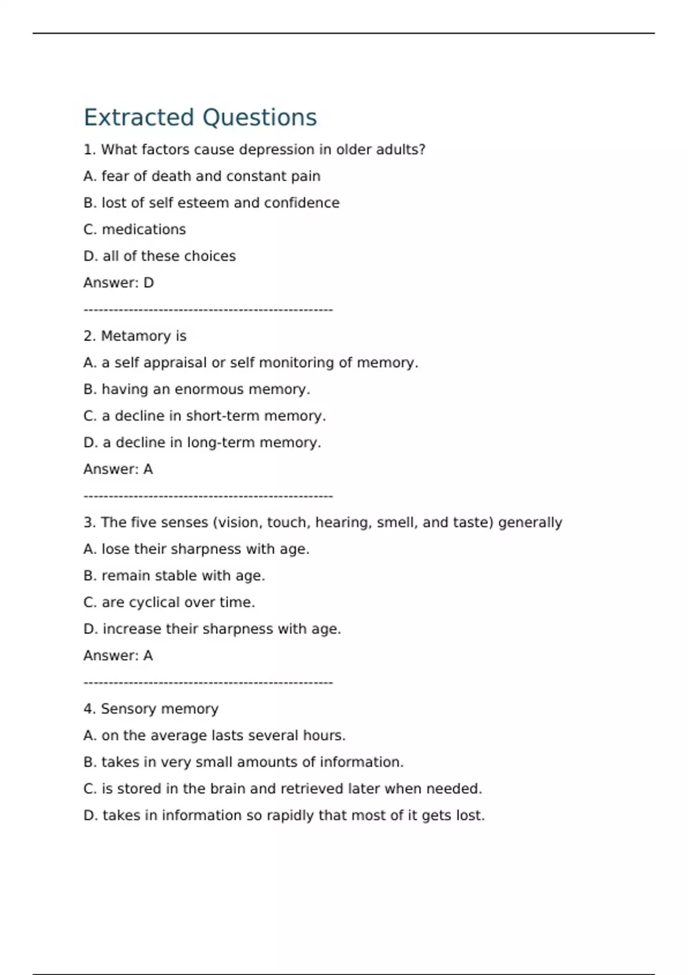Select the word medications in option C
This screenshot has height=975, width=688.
143,229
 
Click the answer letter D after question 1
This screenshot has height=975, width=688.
148,283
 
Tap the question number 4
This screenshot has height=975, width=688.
89,709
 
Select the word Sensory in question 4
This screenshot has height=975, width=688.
124,709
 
